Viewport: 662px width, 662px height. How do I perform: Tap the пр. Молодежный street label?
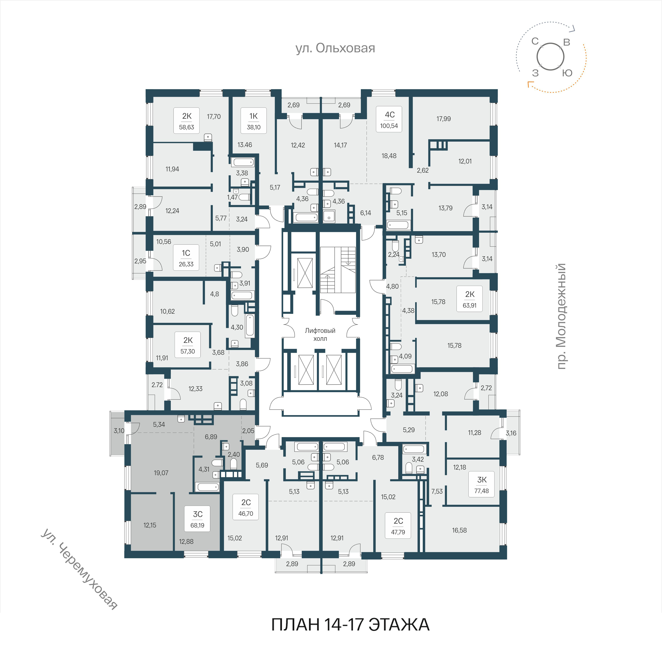point(561,316)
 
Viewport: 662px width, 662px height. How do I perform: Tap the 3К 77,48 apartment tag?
point(482,484)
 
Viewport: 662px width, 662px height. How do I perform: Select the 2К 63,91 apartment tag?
point(470,299)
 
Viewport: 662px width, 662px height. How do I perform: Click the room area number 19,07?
point(161,473)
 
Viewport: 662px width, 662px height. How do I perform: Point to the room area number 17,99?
point(444,119)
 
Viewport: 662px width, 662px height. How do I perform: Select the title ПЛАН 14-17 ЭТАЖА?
point(350,625)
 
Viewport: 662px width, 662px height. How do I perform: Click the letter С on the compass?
point(535,42)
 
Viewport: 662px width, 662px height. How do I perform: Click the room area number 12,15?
point(150,525)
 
